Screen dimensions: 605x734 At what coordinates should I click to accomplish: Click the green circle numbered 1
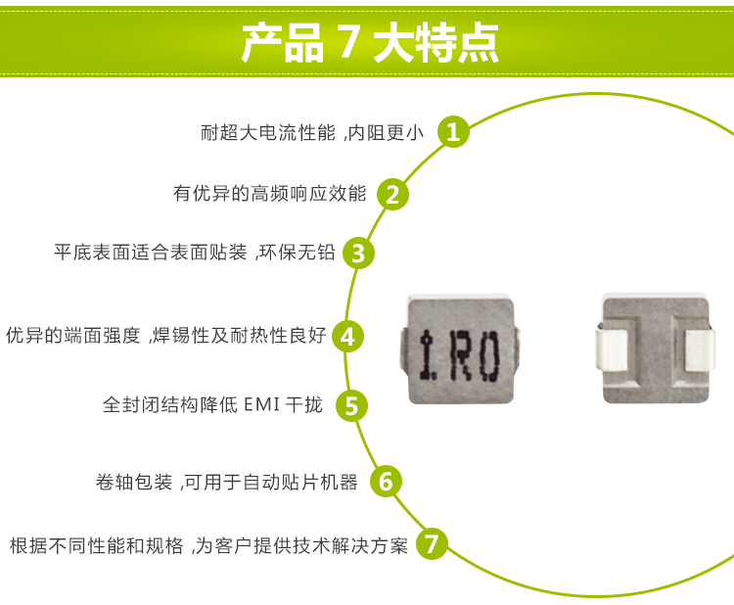coord(451,132)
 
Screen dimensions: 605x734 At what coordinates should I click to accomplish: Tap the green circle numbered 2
coord(391,194)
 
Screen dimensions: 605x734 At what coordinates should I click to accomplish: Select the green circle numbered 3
coord(358,253)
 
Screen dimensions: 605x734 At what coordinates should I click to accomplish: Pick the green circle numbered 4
coord(348,337)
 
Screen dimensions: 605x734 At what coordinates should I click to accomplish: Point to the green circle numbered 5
coord(352,404)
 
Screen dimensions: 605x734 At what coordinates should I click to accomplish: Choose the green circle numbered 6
coord(386,481)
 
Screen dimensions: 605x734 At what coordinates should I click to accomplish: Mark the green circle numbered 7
coord(433,543)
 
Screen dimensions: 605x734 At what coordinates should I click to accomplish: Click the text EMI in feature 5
coord(261,404)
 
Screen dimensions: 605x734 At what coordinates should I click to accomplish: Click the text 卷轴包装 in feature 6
coord(134,482)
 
